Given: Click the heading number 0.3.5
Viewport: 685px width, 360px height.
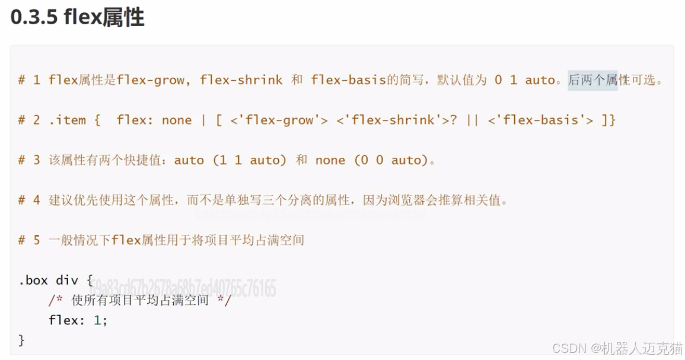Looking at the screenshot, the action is [34, 17].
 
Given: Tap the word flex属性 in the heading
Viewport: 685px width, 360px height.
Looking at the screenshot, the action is [104, 17].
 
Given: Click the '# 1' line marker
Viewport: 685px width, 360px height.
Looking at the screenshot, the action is [29, 80].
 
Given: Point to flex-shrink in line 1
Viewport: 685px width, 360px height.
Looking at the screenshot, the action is [241, 80].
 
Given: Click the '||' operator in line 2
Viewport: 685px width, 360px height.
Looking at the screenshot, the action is [472, 120].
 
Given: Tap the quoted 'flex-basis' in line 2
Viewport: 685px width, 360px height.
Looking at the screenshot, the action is [540, 120].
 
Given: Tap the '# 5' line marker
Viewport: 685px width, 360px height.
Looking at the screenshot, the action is [29, 240].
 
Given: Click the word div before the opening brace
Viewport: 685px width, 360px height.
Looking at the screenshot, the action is [67, 280].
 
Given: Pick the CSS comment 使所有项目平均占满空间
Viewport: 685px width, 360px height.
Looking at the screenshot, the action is [140, 301].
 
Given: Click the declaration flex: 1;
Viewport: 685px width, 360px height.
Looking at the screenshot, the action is [78, 320].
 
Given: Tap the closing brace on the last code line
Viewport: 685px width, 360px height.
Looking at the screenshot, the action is [22, 340].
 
